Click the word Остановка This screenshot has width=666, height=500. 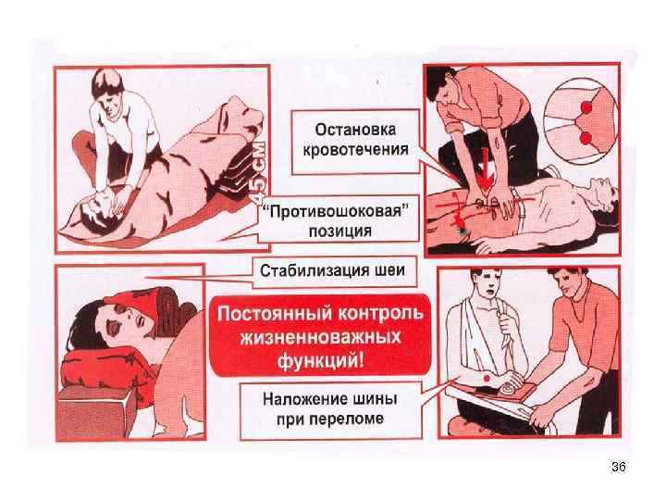tap(355, 131)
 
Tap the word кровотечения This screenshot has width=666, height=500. tap(355, 150)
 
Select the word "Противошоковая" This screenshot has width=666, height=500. tap(339, 211)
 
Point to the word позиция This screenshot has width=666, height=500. tap(340, 231)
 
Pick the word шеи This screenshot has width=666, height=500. tap(390, 271)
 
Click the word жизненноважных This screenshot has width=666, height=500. tap(321, 338)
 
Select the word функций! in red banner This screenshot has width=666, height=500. tap(321, 362)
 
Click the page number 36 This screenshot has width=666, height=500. tap(619, 467)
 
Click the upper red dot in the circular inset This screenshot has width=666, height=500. tap(586, 107)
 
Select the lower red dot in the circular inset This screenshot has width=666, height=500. tap(586, 138)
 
